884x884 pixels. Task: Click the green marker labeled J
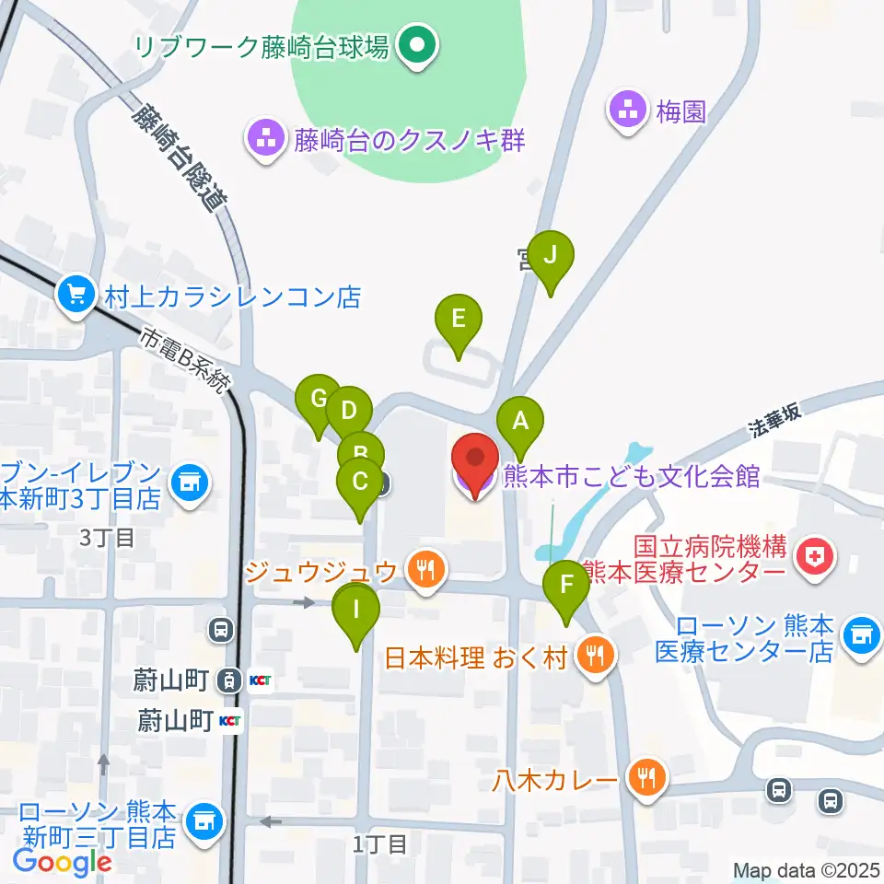coord(551,257)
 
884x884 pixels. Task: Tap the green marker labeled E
coord(458,320)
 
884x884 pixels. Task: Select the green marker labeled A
coord(520,423)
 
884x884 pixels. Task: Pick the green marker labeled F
coord(566,585)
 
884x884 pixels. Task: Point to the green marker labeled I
coord(357,611)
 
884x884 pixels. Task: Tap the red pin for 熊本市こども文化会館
coord(475,460)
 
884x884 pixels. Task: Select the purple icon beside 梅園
coord(629,111)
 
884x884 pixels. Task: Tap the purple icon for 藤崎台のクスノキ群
coord(266,141)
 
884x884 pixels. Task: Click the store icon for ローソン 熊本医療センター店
coord(861,636)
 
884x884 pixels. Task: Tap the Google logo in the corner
coord(63,861)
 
